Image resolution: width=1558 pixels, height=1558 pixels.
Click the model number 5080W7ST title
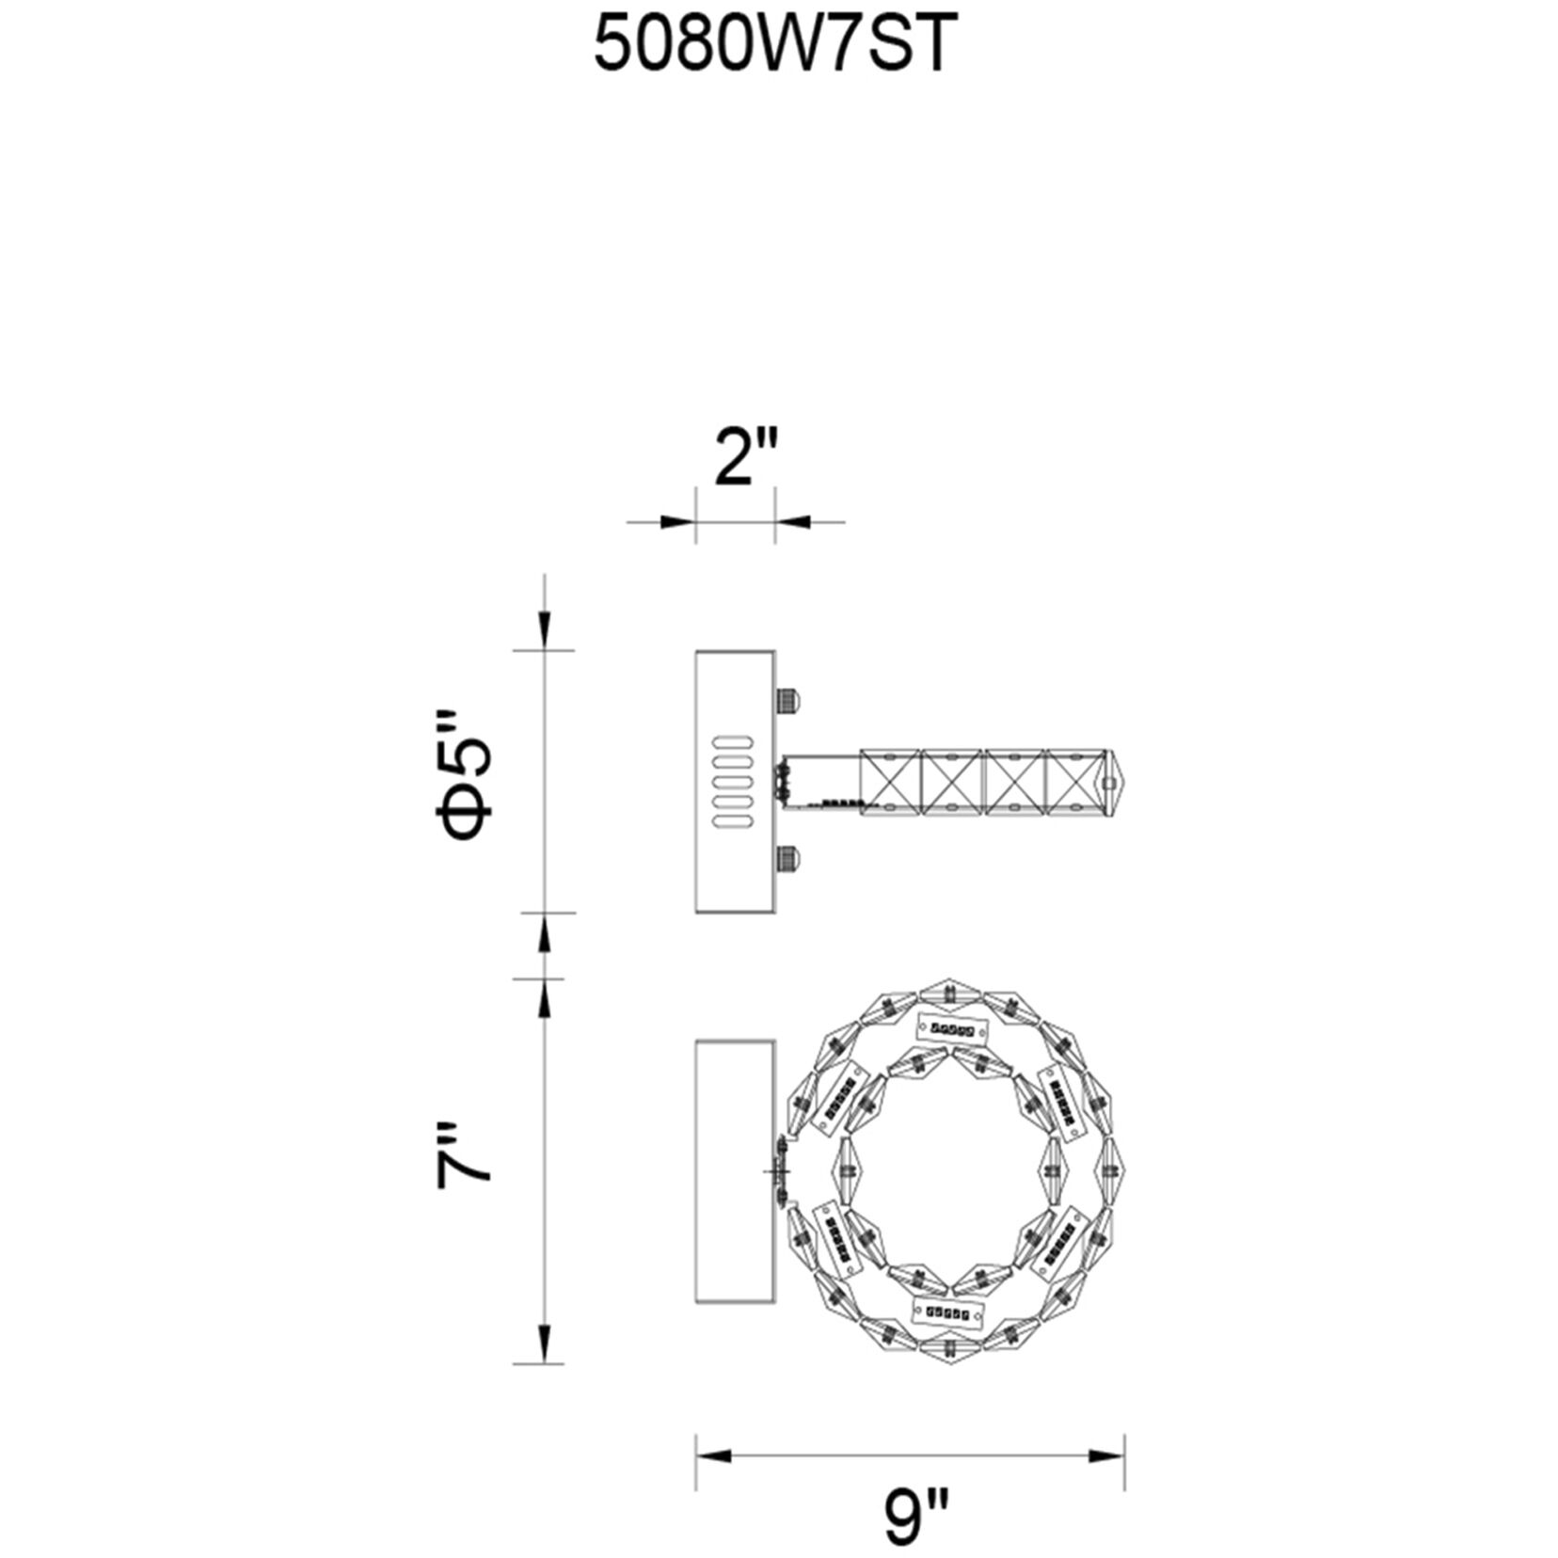(774, 46)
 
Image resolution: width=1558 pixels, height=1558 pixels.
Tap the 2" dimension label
(746, 457)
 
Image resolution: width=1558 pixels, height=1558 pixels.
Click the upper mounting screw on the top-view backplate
(788, 701)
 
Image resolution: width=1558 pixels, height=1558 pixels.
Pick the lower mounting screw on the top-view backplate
(788, 858)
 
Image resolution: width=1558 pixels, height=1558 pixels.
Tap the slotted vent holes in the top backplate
(733, 781)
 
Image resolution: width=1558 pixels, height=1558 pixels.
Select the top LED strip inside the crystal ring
(951, 1029)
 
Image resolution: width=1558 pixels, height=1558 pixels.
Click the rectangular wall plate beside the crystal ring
(735, 1170)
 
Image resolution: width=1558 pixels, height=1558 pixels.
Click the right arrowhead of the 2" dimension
(793, 520)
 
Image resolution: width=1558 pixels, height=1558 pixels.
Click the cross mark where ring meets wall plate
(777, 1172)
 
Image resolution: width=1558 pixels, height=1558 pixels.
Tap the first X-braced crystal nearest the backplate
(889, 781)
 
